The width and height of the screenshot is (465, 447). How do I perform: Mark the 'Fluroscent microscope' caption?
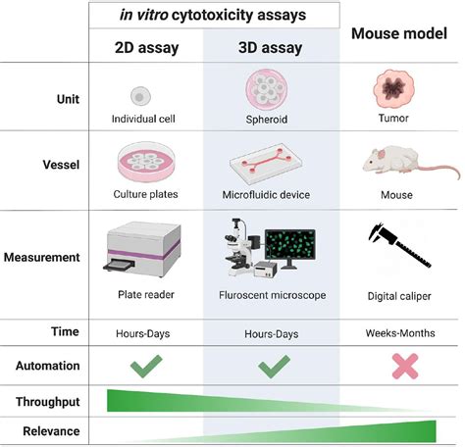point(272,294)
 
